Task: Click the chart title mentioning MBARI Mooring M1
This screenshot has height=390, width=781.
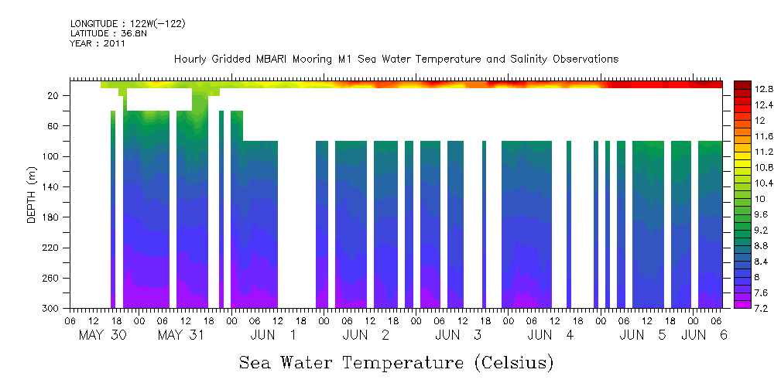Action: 396,60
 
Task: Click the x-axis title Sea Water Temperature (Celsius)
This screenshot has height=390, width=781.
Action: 396,362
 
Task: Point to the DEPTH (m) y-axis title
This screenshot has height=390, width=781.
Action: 32,198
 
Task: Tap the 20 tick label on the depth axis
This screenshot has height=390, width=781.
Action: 55,96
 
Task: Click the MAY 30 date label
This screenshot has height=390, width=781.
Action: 102,335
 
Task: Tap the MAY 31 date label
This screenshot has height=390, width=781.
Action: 180,335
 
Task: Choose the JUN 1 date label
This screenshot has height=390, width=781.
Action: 272,335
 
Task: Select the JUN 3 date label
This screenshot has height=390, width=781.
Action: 457,335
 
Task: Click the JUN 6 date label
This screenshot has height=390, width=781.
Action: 704,335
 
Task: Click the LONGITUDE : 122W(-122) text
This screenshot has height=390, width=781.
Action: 128,24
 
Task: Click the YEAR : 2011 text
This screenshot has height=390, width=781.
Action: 98,44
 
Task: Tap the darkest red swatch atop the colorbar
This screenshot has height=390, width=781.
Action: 742,84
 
